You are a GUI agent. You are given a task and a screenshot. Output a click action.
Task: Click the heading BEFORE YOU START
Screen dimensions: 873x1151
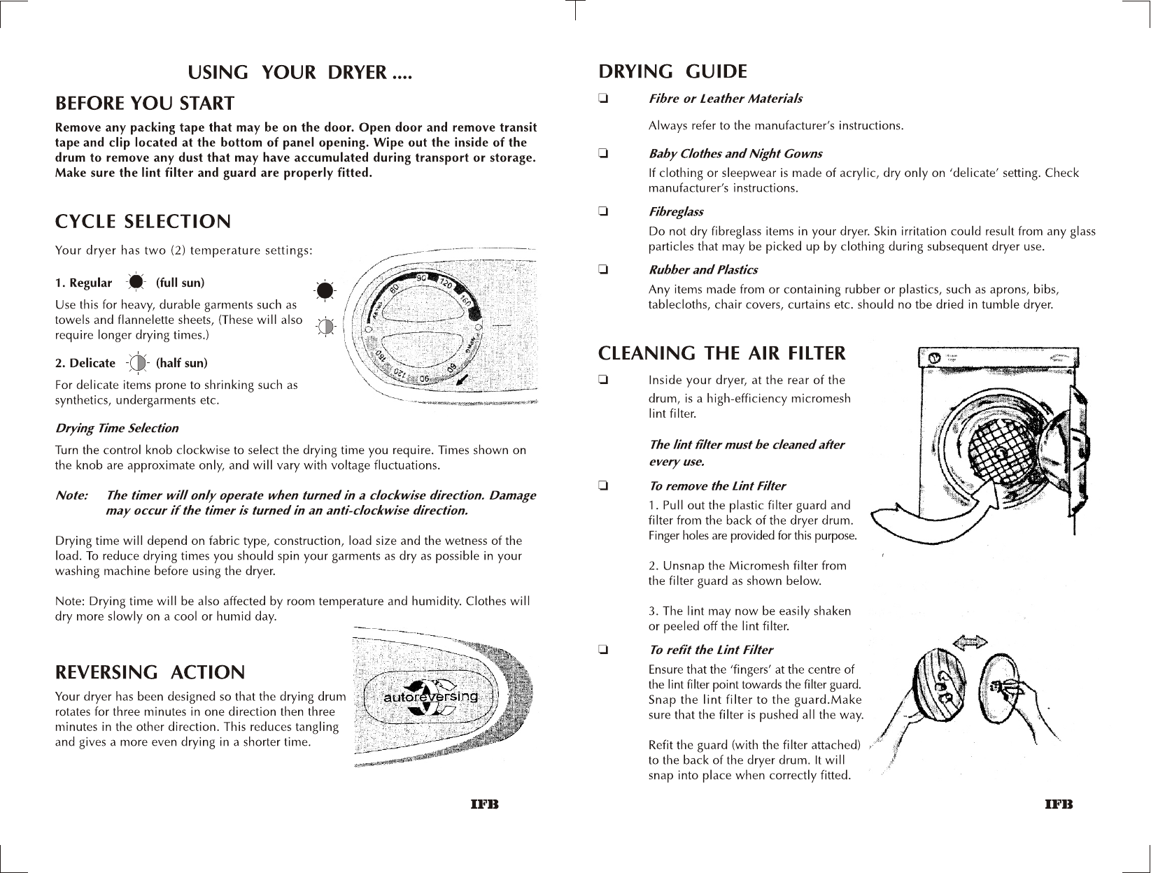[x=144, y=104]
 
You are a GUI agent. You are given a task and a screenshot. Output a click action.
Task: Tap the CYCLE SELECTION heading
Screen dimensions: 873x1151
[x=143, y=222]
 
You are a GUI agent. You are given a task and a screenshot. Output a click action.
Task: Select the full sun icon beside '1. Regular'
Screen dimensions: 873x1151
[x=136, y=282]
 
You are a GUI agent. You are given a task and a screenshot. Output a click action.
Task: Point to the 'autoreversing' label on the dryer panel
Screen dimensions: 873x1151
[x=431, y=697]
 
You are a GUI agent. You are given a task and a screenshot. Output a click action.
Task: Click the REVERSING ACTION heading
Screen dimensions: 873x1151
[x=150, y=672]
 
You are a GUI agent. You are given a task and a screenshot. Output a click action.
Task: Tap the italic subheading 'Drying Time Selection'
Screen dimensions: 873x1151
[x=116, y=428]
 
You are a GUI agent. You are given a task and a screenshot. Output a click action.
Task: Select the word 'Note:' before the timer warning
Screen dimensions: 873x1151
[x=71, y=495]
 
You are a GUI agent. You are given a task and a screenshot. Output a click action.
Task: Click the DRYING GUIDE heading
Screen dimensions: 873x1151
[x=673, y=71]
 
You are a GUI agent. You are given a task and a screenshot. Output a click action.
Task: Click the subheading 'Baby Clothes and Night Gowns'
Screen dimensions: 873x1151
[x=735, y=154]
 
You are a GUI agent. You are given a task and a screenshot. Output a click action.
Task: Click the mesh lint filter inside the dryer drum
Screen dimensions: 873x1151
[x=999, y=455]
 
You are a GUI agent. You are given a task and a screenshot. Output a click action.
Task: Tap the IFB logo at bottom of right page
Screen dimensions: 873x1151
[x=1059, y=804]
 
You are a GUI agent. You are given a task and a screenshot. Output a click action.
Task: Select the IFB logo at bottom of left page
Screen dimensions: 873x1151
[x=484, y=804]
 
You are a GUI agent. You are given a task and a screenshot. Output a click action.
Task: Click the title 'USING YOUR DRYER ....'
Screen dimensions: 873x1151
[x=300, y=72]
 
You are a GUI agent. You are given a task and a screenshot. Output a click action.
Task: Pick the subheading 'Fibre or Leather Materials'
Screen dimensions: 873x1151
[x=726, y=99]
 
